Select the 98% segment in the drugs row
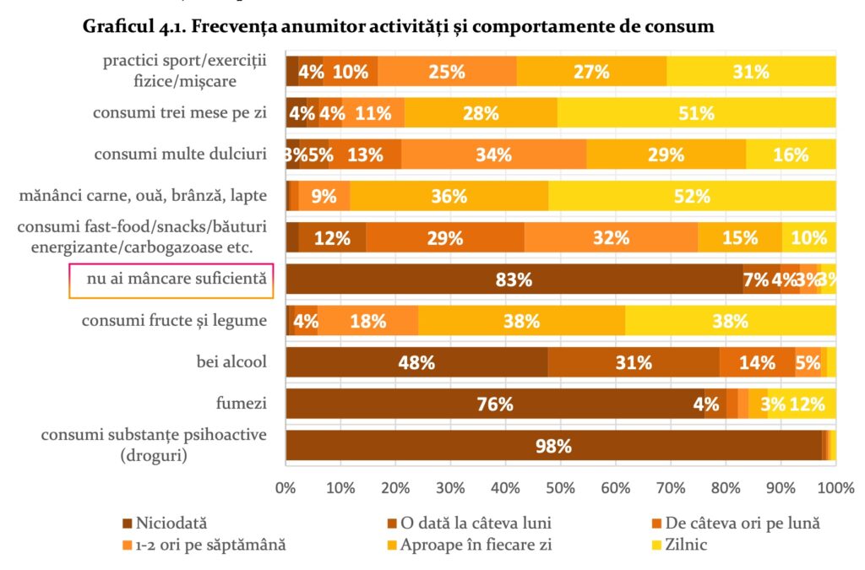[553, 445]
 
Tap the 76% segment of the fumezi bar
[495, 404]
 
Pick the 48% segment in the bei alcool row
[416, 362]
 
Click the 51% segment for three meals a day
[696, 113]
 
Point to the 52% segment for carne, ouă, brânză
[692, 196]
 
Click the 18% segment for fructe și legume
[367, 321]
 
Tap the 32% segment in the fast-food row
[610, 237]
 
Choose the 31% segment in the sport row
[751, 72]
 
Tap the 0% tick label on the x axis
[286, 487]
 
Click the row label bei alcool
[231, 362]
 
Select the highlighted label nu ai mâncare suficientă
[171, 280]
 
